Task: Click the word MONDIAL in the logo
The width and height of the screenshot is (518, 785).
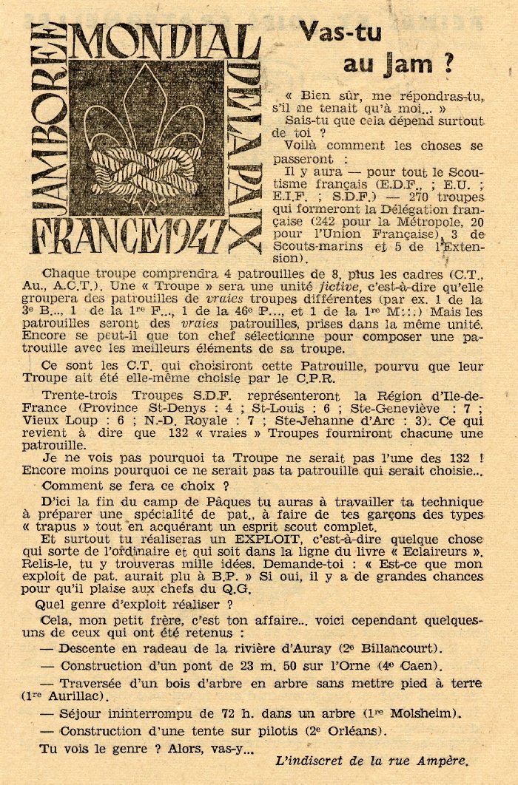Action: (164, 42)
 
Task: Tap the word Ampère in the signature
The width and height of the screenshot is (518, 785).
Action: (443, 761)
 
